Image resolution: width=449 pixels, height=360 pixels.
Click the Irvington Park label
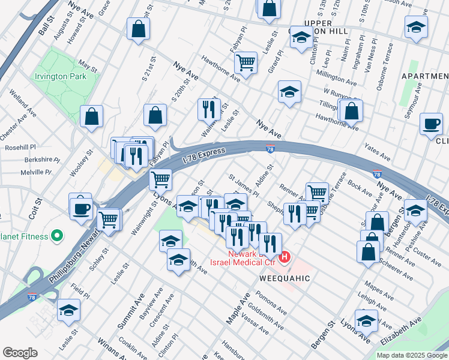(x=60, y=77)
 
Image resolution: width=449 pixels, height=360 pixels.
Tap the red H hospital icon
(x=285, y=258)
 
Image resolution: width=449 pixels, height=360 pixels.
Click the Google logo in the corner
(x=20, y=353)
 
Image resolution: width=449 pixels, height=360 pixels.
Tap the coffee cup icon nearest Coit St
(x=81, y=208)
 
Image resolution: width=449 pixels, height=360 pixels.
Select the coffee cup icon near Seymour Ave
(x=430, y=124)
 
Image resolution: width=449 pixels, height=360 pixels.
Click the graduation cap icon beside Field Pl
(x=68, y=311)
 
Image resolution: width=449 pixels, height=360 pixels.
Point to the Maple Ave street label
(x=238, y=311)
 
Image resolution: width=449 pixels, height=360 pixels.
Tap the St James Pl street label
(x=243, y=186)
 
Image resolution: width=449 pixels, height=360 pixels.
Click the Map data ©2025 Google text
(x=412, y=355)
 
